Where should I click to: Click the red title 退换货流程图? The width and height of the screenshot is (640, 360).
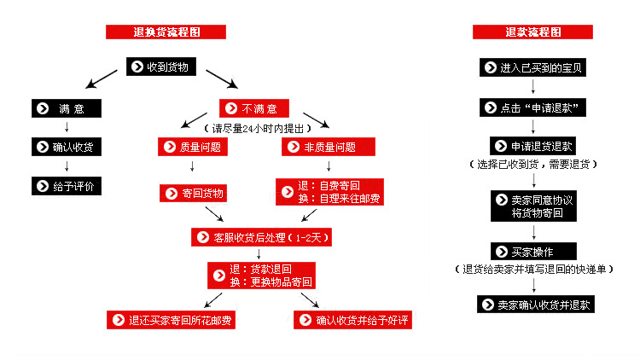tap(166, 32)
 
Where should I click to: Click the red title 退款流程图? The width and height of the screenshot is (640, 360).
tap(532, 32)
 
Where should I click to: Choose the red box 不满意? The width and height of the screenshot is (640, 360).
tap(253, 108)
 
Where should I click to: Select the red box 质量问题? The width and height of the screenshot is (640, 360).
tap(194, 147)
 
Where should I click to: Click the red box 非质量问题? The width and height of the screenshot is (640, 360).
tap(329, 147)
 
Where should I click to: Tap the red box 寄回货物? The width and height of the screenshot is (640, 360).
tap(195, 193)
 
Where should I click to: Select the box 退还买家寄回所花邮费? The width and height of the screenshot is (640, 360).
tap(172, 320)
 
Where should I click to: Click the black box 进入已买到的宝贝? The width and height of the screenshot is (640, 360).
tap(533, 67)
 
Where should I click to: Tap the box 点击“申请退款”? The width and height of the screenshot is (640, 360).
tap(533, 107)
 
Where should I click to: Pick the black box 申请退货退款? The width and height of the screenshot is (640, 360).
tap(533, 146)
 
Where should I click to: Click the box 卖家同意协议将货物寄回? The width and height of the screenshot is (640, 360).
tap(533, 206)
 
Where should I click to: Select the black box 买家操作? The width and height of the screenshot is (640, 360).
tap(533, 251)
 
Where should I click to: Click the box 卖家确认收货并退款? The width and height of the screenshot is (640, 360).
tap(533, 304)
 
